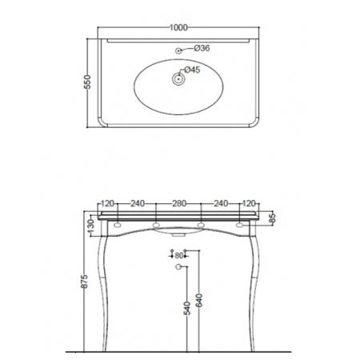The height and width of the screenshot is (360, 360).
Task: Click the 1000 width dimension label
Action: click(x=178, y=27)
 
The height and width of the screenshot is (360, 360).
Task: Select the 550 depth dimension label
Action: click(x=87, y=82)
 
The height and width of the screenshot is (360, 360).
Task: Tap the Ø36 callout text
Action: click(x=202, y=48)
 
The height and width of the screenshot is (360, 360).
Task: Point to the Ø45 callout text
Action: click(x=192, y=70)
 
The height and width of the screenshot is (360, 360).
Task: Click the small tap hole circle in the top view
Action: click(x=178, y=50)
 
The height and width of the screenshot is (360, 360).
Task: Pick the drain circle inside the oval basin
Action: click(x=178, y=79)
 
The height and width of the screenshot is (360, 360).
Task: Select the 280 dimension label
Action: click(x=179, y=203)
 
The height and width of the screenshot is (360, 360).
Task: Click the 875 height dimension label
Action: click(x=84, y=281)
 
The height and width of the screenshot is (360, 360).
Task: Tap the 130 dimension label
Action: click(x=91, y=226)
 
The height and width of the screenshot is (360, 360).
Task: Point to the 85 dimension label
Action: click(x=272, y=218)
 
